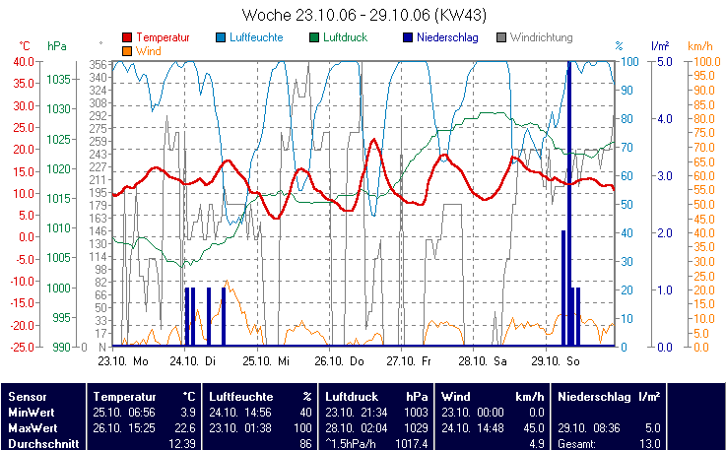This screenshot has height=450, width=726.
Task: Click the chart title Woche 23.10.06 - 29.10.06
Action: coord(363,15)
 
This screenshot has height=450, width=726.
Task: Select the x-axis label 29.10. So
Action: coord(562,360)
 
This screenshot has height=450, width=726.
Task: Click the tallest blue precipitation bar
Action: coord(568,197)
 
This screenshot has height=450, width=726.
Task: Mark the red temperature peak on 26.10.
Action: coord(373,140)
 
